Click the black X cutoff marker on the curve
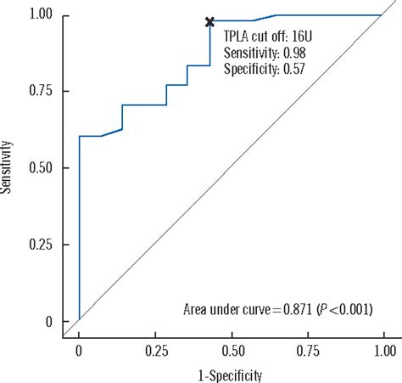[209, 21]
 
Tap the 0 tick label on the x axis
[79, 349]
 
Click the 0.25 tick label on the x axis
[154, 349]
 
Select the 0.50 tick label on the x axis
[231, 349]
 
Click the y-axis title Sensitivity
[8, 168]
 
